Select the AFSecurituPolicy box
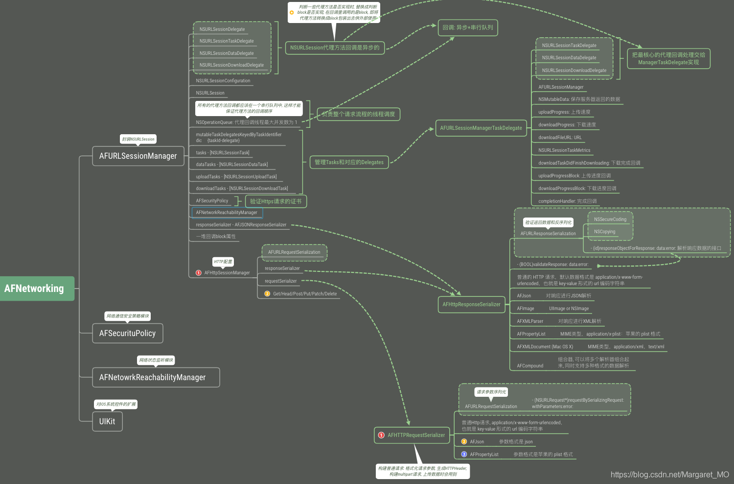(x=128, y=333)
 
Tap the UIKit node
(x=107, y=421)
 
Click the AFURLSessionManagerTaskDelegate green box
(x=481, y=128)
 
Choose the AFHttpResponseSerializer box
(x=471, y=304)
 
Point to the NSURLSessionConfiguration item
(x=223, y=81)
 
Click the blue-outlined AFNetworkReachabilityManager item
(x=227, y=213)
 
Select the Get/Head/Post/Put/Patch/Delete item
(x=304, y=294)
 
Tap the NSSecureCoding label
(x=610, y=219)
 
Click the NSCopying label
(x=605, y=232)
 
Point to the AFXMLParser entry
(x=530, y=321)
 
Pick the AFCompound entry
(x=530, y=366)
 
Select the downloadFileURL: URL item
(x=560, y=138)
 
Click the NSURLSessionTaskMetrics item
(x=564, y=150)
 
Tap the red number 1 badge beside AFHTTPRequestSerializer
(x=381, y=435)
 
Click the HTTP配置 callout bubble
(x=223, y=262)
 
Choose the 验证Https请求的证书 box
(x=275, y=201)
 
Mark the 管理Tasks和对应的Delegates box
(x=349, y=162)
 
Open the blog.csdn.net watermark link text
(x=669, y=474)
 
